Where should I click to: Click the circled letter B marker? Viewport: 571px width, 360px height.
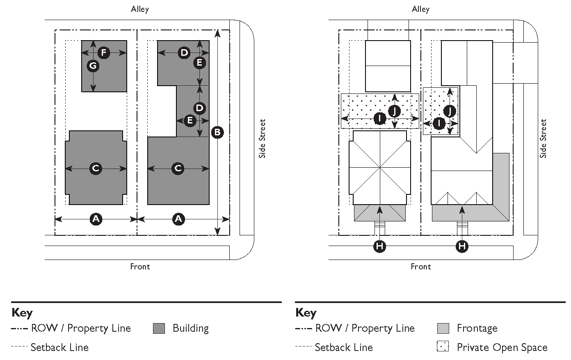(217, 132)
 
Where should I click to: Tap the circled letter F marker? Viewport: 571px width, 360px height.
(104, 52)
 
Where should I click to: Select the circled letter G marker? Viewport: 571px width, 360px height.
(93, 66)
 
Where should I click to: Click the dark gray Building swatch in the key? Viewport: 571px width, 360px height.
(159, 328)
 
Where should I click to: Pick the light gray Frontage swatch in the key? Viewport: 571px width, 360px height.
(443, 328)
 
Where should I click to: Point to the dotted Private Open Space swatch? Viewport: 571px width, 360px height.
(443, 347)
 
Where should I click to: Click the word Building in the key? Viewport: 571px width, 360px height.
(190, 328)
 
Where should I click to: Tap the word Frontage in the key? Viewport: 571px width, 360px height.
(477, 328)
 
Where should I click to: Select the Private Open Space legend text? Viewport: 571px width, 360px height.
(502, 348)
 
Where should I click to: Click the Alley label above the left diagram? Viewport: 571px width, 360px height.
(140, 9)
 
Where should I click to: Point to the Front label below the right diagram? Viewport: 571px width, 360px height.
(421, 267)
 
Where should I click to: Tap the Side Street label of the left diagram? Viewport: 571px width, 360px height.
(263, 139)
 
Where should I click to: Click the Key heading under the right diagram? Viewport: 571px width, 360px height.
(306, 313)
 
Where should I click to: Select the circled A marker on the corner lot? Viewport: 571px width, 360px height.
(178, 219)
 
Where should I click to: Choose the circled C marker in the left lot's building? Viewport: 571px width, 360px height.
(96, 168)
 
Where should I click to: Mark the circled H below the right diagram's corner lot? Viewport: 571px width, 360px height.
(462, 246)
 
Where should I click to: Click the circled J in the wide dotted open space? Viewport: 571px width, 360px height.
(394, 111)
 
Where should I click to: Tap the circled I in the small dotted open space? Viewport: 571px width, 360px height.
(439, 123)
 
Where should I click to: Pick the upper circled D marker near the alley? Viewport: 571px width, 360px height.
(185, 52)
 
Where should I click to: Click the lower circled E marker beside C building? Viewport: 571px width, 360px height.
(190, 121)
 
